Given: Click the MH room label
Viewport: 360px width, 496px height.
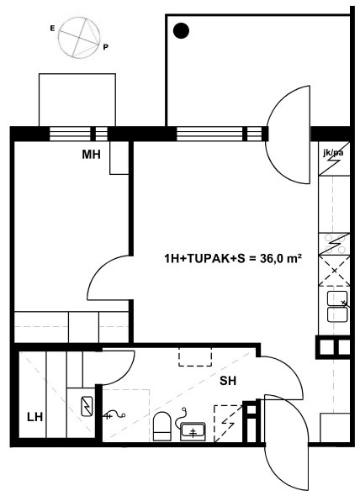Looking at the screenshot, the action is pyautogui.click(x=91, y=155).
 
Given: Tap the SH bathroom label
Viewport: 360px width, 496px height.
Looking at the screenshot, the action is pyautogui.click(x=228, y=381).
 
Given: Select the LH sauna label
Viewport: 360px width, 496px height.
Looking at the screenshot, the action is pyautogui.click(x=34, y=417).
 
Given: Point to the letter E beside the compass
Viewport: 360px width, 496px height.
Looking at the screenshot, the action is pyautogui.click(x=52, y=29).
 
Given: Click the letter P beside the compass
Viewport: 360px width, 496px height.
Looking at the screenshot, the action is pyautogui.click(x=105, y=47).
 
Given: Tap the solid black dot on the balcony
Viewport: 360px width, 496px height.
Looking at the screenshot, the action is pyautogui.click(x=182, y=31).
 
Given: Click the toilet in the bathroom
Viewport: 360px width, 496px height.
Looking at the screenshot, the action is pyautogui.click(x=162, y=426).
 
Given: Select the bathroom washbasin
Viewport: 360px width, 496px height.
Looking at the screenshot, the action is pyautogui.click(x=193, y=431).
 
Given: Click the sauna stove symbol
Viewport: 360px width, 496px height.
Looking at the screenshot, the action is pyautogui.click(x=87, y=407).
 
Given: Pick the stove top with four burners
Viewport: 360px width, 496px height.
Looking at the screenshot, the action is pyautogui.click(x=335, y=244).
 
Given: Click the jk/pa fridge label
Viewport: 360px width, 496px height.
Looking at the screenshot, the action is pyautogui.click(x=333, y=153).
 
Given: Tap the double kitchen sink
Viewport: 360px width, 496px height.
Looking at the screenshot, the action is pyautogui.click(x=337, y=307).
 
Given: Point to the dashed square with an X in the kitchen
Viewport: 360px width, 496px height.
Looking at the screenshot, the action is pyautogui.click(x=335, y=271).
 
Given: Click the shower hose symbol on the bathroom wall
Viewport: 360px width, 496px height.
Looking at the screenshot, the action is pyautogui.click(x=114, y=415).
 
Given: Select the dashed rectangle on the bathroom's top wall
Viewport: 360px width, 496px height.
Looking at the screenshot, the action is pyautogui.click(x=195, y=356).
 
